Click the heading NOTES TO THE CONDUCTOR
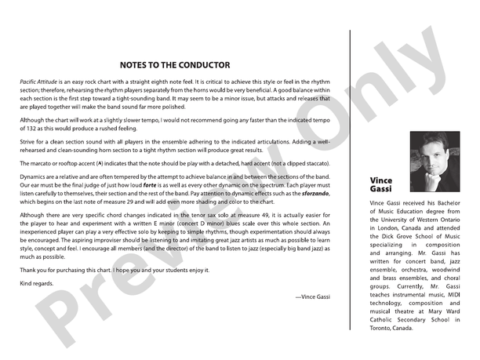(175, 65)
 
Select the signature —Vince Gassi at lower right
(311, 296)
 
